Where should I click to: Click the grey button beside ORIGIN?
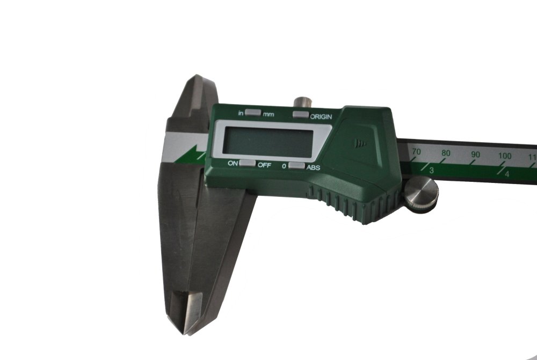point(301,114)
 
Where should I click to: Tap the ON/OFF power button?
point(247,163)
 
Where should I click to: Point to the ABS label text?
point(313,167)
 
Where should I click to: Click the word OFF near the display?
point(265,165)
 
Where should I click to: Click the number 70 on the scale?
point(416,152)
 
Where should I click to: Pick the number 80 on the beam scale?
point(445,153)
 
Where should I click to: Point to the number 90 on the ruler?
point(475,155)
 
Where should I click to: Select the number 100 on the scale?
point(505,156)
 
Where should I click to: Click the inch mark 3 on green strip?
point(431,170)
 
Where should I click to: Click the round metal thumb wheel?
point(421,194)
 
